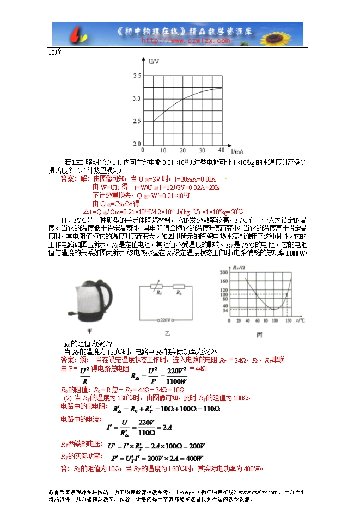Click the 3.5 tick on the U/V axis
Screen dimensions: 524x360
(137, 76)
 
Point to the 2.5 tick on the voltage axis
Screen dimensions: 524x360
(137, 121)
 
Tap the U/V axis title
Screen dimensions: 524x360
(153, 61)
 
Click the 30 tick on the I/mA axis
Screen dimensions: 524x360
(202, 150)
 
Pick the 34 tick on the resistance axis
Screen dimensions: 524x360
(224, 310)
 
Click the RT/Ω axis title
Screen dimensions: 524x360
(239, 268)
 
